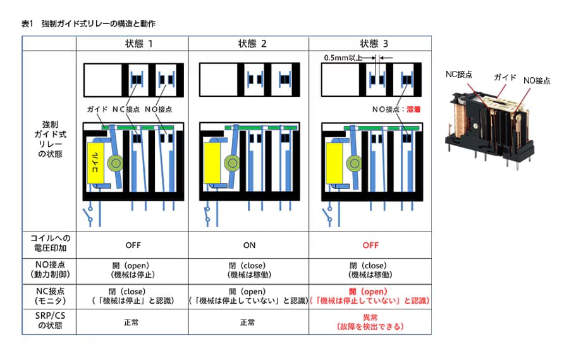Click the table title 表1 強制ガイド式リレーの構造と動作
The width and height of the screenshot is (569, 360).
coord(89,24)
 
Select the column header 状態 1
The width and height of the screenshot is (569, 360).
coord(139,44)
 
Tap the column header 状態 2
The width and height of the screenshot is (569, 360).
coord(252,44)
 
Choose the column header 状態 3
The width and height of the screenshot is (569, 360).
coord(374,44)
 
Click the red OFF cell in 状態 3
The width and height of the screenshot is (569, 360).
coord(370,245)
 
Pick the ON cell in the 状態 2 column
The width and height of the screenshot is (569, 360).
coord(249,245)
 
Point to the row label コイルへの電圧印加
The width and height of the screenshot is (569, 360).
coord(50,243)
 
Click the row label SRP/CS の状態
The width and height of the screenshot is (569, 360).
coord(50,320)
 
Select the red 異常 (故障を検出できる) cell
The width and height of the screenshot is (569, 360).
coord(370,322)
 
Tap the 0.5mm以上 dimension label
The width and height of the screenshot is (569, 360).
coord(343,58)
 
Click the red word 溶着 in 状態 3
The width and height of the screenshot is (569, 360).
coord(413,109)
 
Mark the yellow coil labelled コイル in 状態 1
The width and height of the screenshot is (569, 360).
coord(95,163)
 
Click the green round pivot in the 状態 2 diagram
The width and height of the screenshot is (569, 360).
coord(232,163)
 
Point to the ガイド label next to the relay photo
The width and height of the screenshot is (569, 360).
coord(505,77)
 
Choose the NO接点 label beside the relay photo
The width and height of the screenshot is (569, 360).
coord(537,80)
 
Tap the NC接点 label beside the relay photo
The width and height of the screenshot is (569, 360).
coord(459,75)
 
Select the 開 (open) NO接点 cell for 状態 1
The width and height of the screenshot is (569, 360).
coord(133,270)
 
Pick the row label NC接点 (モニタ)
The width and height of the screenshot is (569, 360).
coord(50,295)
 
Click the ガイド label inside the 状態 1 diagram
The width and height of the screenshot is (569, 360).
coord(97,109)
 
